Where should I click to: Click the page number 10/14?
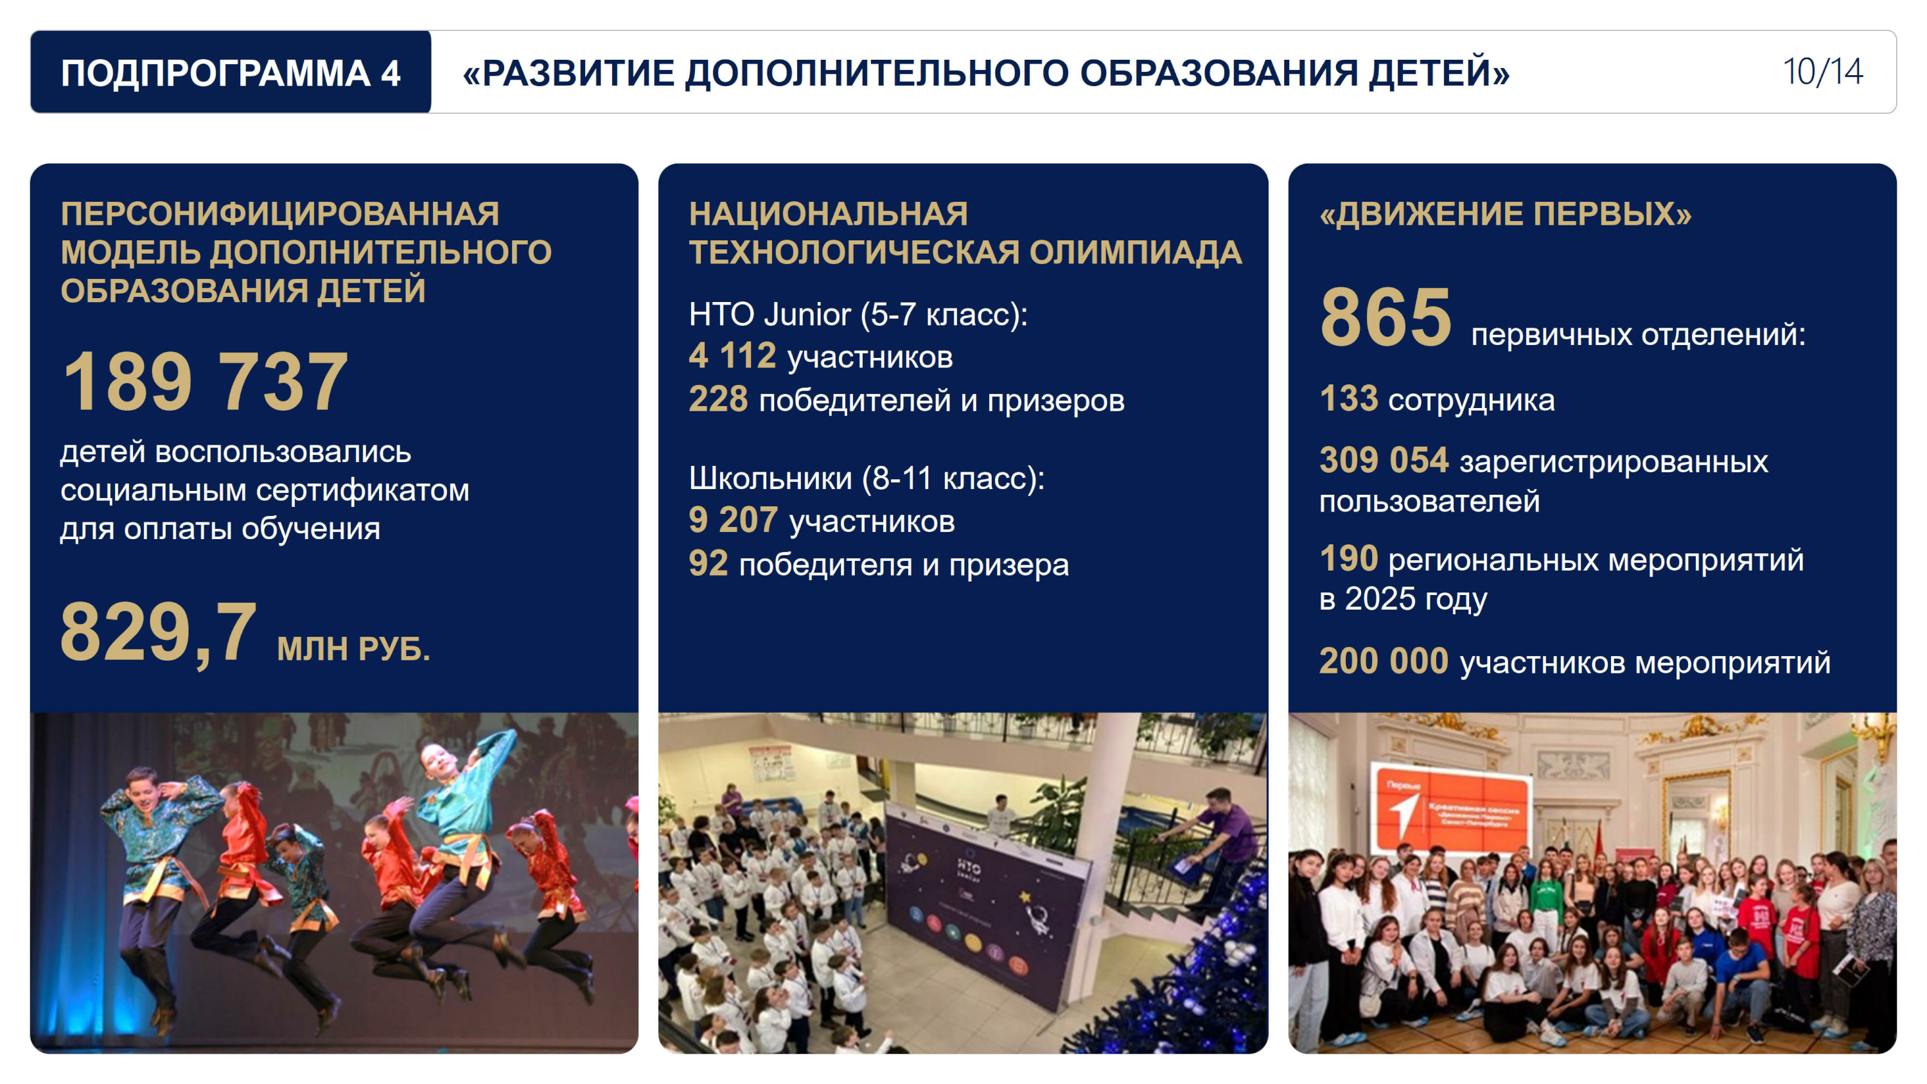click(x=1822, y=72)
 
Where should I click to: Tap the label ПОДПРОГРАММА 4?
click(x=231, y=73)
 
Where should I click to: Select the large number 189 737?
click(x=205, y=382)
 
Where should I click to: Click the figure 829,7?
click(x=159, y=632)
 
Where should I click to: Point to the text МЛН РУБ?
click(x=354, y=648)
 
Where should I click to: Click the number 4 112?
click(x=732, y=356)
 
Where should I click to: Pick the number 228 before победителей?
click(x=718, y=400)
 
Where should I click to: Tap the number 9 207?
click(x=733, y=520)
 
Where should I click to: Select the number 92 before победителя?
click(x=708, y=564)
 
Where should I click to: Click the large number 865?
click(x=1386, y=317)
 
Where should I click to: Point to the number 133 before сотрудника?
click(x=1349, y=399)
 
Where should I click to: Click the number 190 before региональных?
click(x=1349, y=558)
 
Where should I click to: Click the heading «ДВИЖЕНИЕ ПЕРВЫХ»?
click(x=1505, y=214)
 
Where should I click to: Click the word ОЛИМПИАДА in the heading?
click(x=1136, y=253)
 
